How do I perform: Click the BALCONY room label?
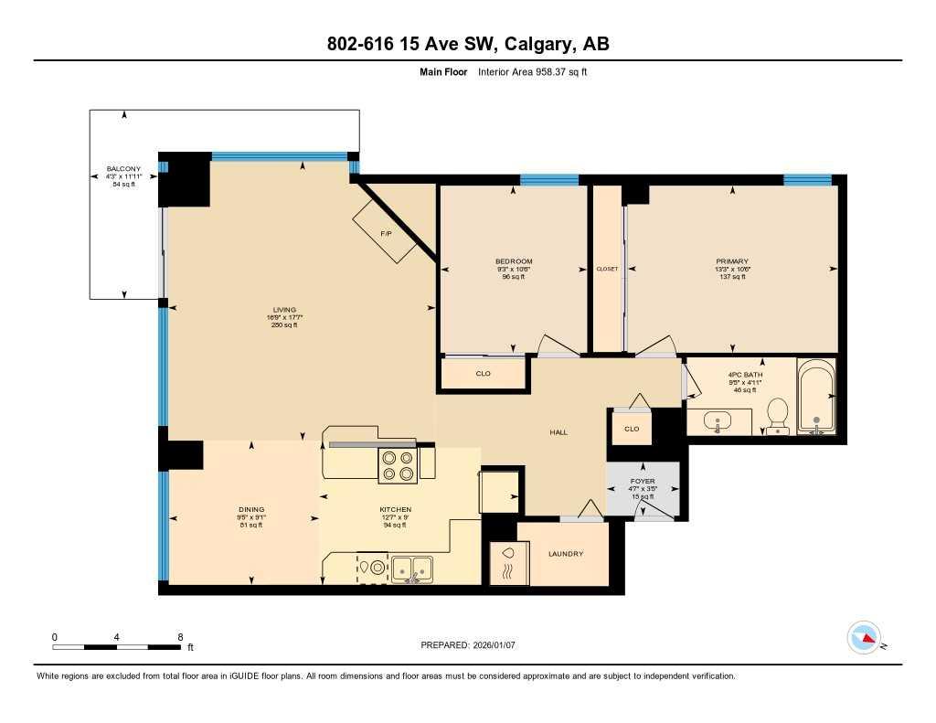point(123,169)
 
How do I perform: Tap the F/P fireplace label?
point(387,233)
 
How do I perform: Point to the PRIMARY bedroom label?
point(731,261)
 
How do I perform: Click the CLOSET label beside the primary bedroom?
point(607,269)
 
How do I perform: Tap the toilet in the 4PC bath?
point(777,415)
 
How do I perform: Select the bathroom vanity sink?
point(720,423)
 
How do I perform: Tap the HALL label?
point(558,432)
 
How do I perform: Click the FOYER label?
point(643,481)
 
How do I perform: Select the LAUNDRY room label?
point(565,554)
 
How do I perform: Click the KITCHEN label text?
point(396,509)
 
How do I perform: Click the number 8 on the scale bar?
point(180,637)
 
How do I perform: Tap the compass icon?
point(864,638)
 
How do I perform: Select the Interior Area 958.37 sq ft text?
point(531,71)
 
